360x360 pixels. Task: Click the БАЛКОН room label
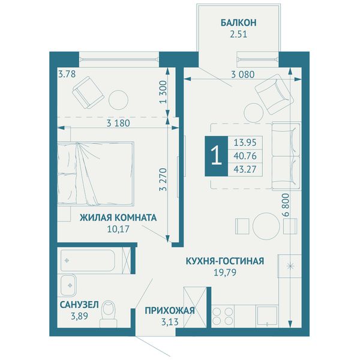click(x=239, y=23)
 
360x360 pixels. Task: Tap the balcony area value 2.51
click(x=239, y=34)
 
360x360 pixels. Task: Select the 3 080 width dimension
click(x=243, y=74)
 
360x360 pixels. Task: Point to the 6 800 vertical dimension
click(x=286, y=205)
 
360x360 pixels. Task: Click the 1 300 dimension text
click(x=163, y=92)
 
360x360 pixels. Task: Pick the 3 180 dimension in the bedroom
click(x=118, y=123)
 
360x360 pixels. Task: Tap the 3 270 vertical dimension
click(x=163, y=179)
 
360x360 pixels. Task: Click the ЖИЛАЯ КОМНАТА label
click(x=118, y=217)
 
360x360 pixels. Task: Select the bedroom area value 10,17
click(x=118, y=229)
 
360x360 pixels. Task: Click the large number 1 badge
click(x=216, y=156)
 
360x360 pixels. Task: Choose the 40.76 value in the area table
click(x=245, y=156)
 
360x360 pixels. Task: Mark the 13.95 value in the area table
click(x=245, y=143)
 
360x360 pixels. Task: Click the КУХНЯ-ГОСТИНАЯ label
click(x=225, y=261)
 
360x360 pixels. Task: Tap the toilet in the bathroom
click(x=109, y=314)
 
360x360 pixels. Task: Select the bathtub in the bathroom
click(x=88, y=260)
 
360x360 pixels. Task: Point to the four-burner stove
click(x=223, y=316)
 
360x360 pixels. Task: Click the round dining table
click(x=266, y=226)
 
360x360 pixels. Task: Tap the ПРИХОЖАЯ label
click(x=170, y=311)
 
